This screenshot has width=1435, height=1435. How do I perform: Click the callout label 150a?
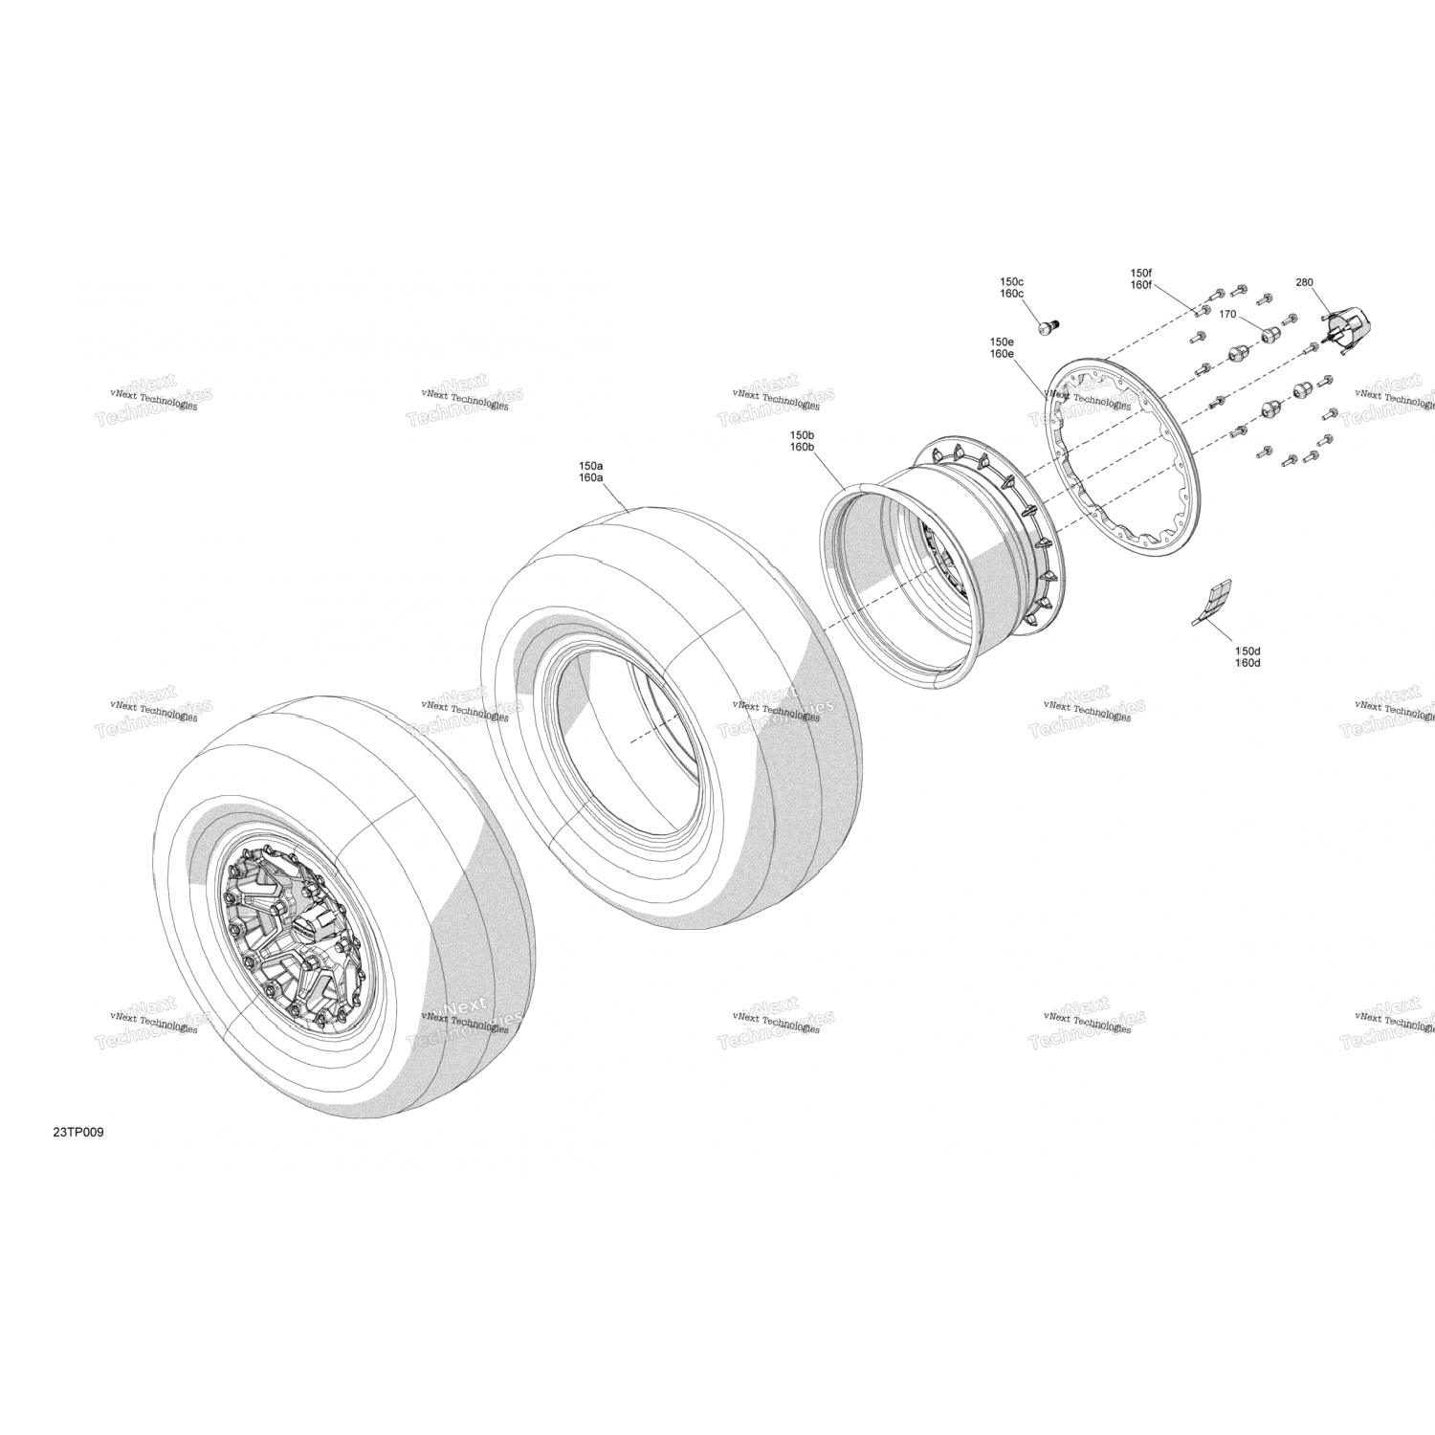[x=590, y=466]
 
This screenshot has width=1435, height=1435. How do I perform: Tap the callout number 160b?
[x=802, y=447]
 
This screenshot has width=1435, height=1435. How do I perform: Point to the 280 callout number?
[x=1304, y=282]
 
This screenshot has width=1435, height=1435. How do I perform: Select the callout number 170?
[x=1227, y=314]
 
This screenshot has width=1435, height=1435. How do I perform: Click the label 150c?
[x=1011, y=281]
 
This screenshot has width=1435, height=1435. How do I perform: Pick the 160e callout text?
[x=1002, y=354]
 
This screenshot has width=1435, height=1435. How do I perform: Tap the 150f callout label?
[x=1140, y=273]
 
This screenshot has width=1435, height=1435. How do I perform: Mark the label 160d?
[x=1247, y=662]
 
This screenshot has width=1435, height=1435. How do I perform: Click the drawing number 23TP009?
[x=78, y=1133]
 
